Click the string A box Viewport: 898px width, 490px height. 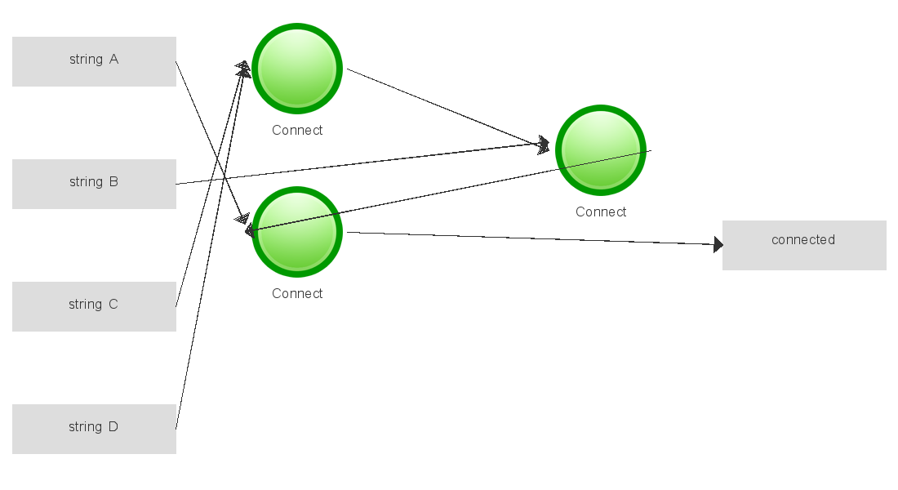pyautogui.click(x=94, y=61)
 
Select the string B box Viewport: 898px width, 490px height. pyautogui.click(x=94, y=184)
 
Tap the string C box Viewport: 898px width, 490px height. pyautogui.click(x=94, y=306)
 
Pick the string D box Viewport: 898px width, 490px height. pyautogui.click(x=94, y=429)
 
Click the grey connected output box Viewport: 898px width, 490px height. pyautogui.click(x=804, y=245)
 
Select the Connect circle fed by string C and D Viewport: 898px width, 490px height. pyautogui.click(x=297, y=69)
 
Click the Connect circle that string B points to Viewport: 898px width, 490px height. pyautogui.click(x=601, y=150)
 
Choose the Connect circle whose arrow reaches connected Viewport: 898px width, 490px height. pyautogui.click(x=297, y=232)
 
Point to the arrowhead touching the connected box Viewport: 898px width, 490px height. pyautogui.click(x=718, y=244)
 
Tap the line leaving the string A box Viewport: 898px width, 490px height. pyautogui.click(x=204, y=131)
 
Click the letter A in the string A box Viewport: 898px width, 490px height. pyautogui.click(x=113, y=60)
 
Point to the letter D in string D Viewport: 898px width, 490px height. pyautogui.click(x=113, y=427)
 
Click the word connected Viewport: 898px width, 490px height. pyautogui.click(x=803, y=240)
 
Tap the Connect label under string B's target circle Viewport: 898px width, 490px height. pyautogui.click(x=601, y=212)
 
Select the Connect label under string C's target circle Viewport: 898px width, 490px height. pyautogui.click(x=297, y=131)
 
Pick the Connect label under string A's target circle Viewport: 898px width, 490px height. pyautogui.click(x=297, y=294)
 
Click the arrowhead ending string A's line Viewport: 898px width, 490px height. pyautogui.click(x=242, y=218)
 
